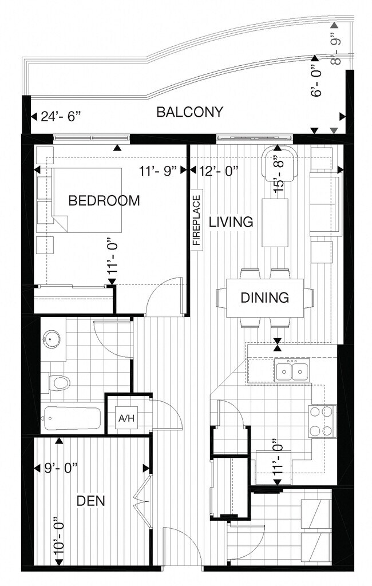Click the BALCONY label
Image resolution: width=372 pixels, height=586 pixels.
pos(189,112)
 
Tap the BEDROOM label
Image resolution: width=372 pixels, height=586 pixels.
pos(104,201)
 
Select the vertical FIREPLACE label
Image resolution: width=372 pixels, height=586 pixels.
pos(197,220)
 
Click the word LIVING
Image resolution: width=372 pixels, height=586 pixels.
pos(231,221)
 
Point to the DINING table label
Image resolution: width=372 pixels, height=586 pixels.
pos(265,298)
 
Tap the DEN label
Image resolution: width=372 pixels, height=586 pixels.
pos(91,501)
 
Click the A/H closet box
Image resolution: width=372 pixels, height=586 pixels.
pos(126,418)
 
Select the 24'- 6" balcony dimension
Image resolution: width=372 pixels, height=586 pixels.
pos(61,117)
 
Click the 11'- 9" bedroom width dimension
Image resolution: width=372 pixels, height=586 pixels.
pos(157,171)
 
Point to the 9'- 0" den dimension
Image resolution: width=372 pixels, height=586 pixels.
pos(61,468)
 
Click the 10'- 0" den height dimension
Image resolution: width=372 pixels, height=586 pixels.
pos(60,535)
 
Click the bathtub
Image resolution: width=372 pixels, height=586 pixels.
pos(72,418)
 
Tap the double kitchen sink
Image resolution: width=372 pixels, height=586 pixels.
pos(292,370)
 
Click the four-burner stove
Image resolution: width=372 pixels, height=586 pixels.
pos(322,421)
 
